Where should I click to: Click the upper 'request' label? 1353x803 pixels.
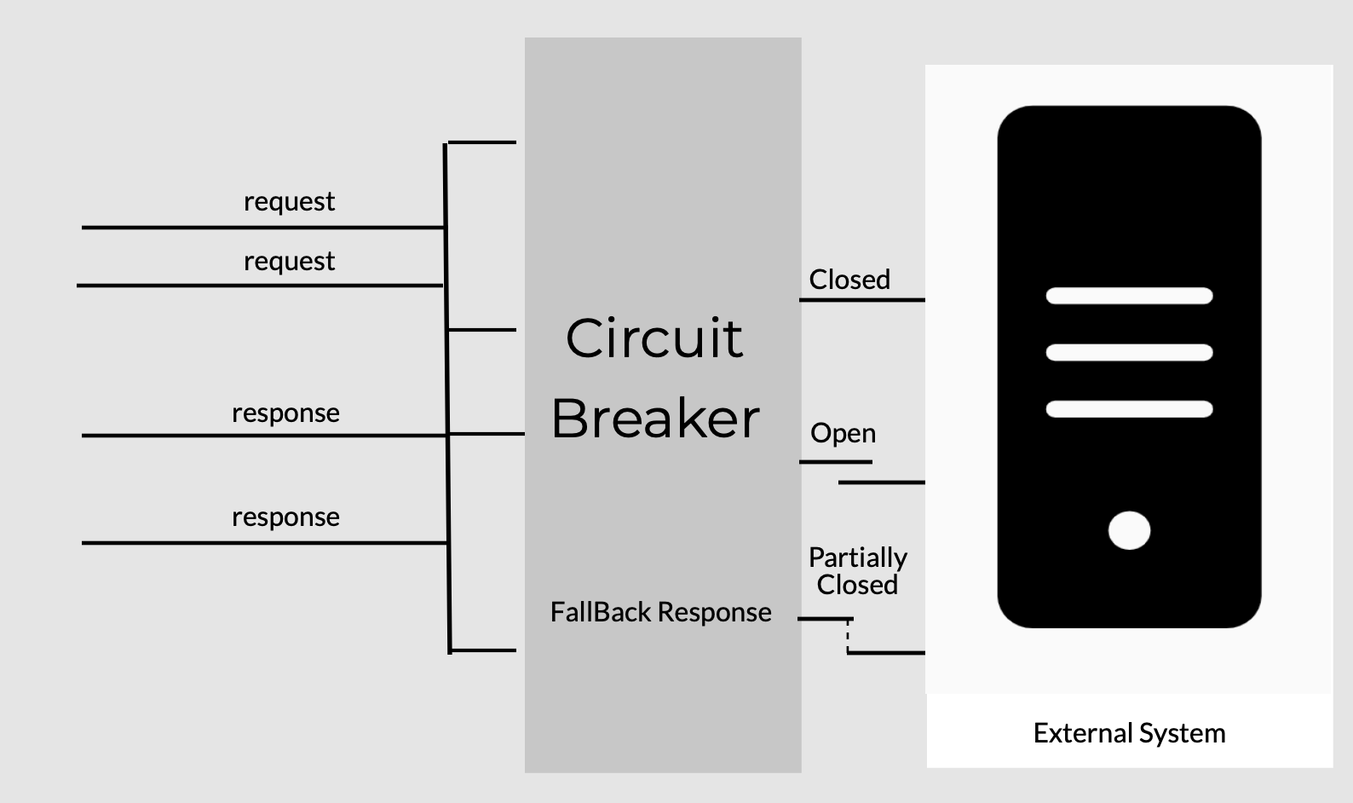289,202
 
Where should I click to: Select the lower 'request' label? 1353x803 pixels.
289,262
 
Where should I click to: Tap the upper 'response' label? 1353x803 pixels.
285,413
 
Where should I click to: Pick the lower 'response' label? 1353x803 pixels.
285,517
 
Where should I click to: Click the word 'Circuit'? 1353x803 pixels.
653,338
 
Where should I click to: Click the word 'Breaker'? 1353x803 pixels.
654,419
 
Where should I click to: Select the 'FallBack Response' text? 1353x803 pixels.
660,612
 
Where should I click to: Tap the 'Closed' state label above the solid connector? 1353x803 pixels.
849,280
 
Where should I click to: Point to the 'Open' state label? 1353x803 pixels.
843,433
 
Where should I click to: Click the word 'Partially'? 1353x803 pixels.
857,557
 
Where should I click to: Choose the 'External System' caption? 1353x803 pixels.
1128,733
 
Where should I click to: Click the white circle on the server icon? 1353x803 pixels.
1129,530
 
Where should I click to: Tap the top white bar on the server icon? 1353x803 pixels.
1128,296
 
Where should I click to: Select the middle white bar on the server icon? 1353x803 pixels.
1128,352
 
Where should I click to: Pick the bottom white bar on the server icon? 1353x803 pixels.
1128,409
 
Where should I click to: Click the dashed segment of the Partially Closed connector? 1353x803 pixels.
848,636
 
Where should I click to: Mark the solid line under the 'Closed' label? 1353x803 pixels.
861,300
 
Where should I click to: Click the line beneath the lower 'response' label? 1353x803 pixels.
264,542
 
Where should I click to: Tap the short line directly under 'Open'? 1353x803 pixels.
835,462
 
